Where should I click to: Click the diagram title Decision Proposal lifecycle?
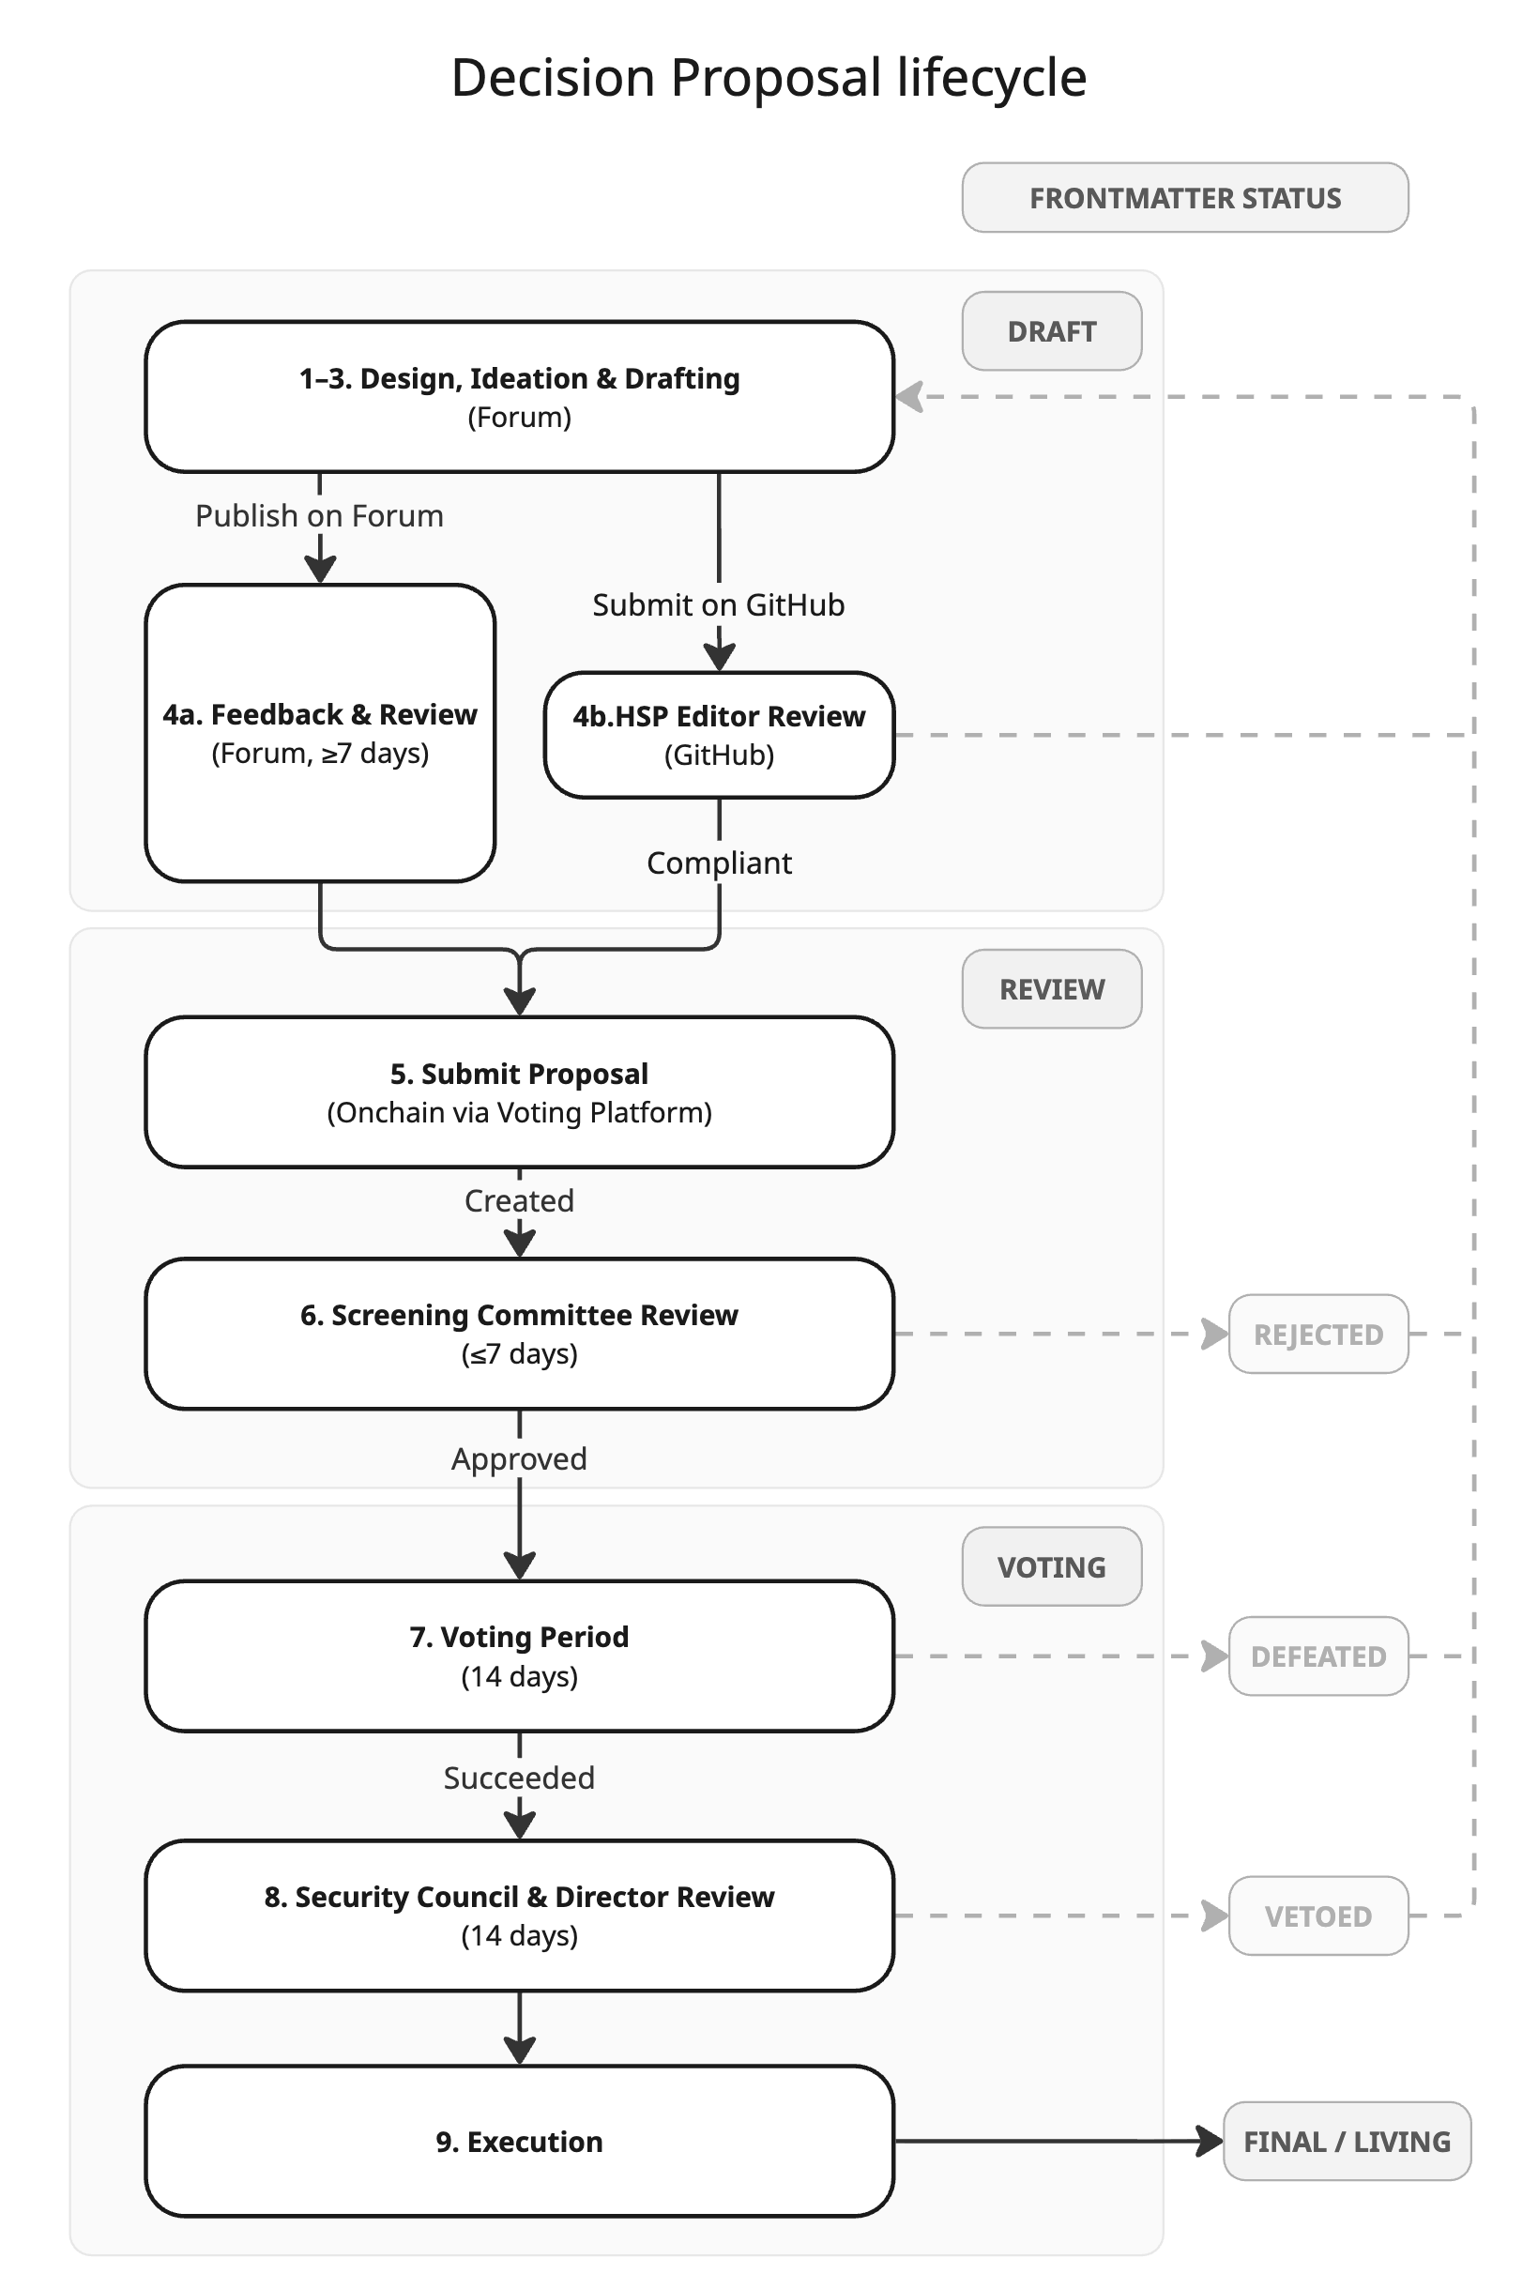[x=768, y=78]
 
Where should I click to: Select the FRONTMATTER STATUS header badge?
[x=1184, y=198]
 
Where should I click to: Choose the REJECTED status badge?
[x=1317, y=1334]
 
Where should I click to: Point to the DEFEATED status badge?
[x=1317, y=1656]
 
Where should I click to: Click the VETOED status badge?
[x=1317, y=1915]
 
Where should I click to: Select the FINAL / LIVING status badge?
[x=1346, y=2141]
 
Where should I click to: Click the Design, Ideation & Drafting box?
[x=519, y=396]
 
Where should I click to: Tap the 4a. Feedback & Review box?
[x=320, y=733]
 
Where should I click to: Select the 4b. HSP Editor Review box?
[x=719, y=735]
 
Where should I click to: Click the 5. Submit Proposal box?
[x=519, y=1091]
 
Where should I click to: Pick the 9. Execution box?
[x=519, y=2141]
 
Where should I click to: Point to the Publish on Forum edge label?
[x=319, y=516]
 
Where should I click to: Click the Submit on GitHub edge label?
[x=718, y=605]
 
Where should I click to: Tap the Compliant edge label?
[x=719, y=863]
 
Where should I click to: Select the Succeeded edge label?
[x=519, y=1778]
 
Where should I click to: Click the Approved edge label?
[x=519, y=1458]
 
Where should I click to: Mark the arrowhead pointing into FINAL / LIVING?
[x=1211, y=2141]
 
